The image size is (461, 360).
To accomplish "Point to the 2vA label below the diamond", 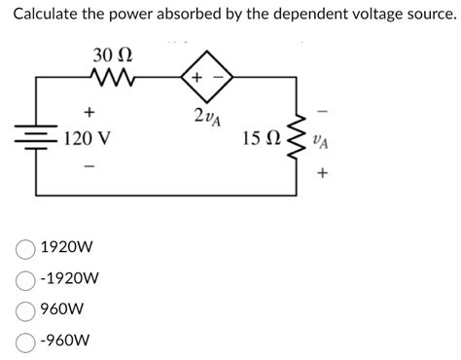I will (205, 118).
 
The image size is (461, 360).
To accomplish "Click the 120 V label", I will (87, 139).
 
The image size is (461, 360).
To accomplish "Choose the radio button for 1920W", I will (25, 248).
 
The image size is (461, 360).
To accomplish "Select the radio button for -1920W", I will (25, 279).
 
